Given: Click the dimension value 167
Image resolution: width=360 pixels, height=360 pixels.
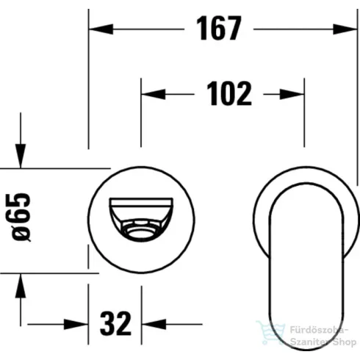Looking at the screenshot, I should click(218, 29).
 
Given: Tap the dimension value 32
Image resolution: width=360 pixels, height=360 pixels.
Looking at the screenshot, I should click(115, 323).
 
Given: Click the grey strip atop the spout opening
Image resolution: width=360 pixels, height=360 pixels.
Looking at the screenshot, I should click(142, 202).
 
